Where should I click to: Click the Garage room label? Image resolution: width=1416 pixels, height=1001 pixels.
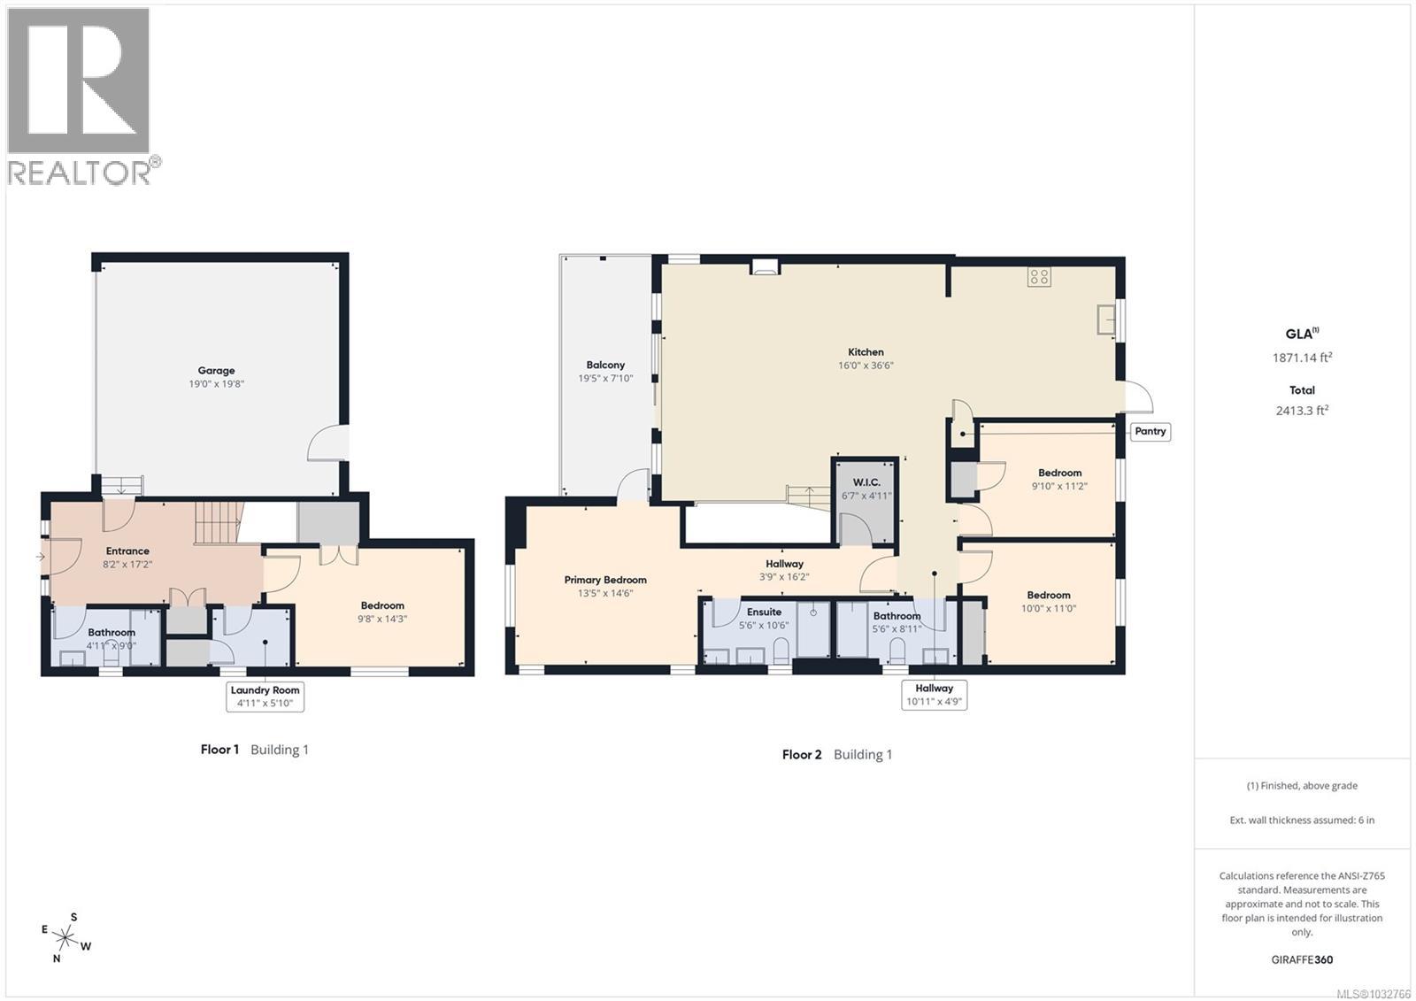(216, 371)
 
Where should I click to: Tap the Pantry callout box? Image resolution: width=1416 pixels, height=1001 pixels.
(1150, 431)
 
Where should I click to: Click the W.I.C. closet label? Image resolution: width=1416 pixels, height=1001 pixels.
(866, 482)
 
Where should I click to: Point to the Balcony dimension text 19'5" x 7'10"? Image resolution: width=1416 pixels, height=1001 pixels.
(605, 379)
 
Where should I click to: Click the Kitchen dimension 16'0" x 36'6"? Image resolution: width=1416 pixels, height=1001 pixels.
(866, 366)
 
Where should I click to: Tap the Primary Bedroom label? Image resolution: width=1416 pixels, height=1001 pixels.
(605, 580)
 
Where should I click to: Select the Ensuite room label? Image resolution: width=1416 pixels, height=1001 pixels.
(764, 612)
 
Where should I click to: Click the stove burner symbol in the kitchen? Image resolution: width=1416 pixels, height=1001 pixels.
(1039, 276)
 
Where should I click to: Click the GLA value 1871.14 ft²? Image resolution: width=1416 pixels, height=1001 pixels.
(1302, 358)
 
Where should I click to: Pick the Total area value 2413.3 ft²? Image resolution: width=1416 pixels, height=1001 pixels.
(1302, 411)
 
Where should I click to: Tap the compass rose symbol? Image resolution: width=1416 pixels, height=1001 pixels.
(65, 937)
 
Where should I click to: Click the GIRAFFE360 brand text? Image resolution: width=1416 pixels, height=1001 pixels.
(1302, 959)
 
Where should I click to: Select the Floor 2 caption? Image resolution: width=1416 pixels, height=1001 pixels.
(802, 754)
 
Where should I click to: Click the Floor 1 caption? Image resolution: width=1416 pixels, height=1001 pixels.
(219, 750)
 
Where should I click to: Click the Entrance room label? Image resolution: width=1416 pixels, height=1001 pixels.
(127, 551)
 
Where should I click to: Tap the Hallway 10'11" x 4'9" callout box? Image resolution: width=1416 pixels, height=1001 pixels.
(934, 695)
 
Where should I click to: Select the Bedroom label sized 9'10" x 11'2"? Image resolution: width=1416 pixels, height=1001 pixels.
(1059, 473)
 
